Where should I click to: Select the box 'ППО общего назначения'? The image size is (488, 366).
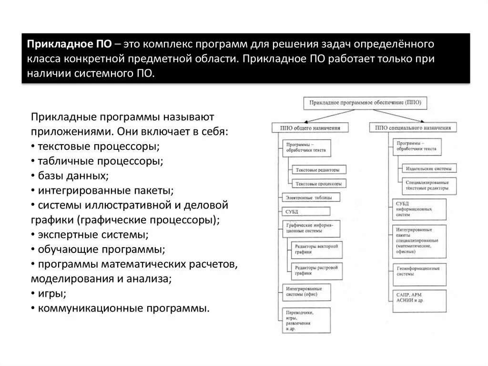coord(310,127)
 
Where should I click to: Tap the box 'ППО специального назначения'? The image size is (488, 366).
coord(413,127)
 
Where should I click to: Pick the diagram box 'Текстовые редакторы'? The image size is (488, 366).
coord(317,170)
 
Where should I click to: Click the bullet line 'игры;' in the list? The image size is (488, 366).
coord(52,293)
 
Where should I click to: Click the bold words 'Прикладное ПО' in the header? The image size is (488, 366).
coord(69,44)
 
